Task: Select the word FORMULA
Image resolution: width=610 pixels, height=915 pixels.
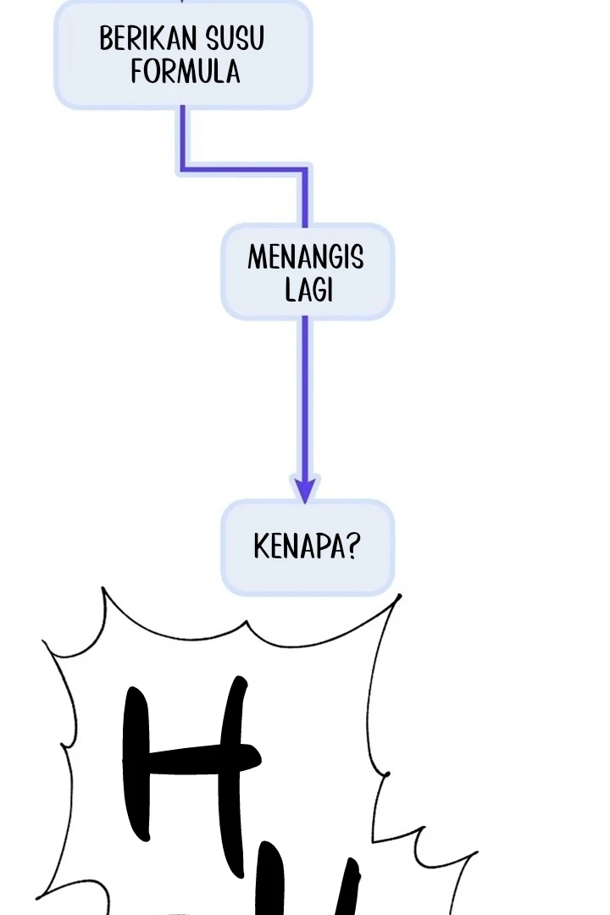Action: tap(186, 71)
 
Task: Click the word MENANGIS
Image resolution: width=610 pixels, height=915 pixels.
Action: tap(306, 257)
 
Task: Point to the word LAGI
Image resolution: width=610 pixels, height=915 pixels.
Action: tap(308, 290)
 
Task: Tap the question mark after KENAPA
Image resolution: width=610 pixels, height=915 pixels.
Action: tap(352, 546)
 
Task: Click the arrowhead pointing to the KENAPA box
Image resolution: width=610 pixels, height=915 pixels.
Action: tap(305, 489)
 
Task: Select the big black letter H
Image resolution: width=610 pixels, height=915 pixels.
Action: tap(191, 758)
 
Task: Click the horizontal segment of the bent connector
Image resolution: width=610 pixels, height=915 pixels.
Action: tap(244, 169)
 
